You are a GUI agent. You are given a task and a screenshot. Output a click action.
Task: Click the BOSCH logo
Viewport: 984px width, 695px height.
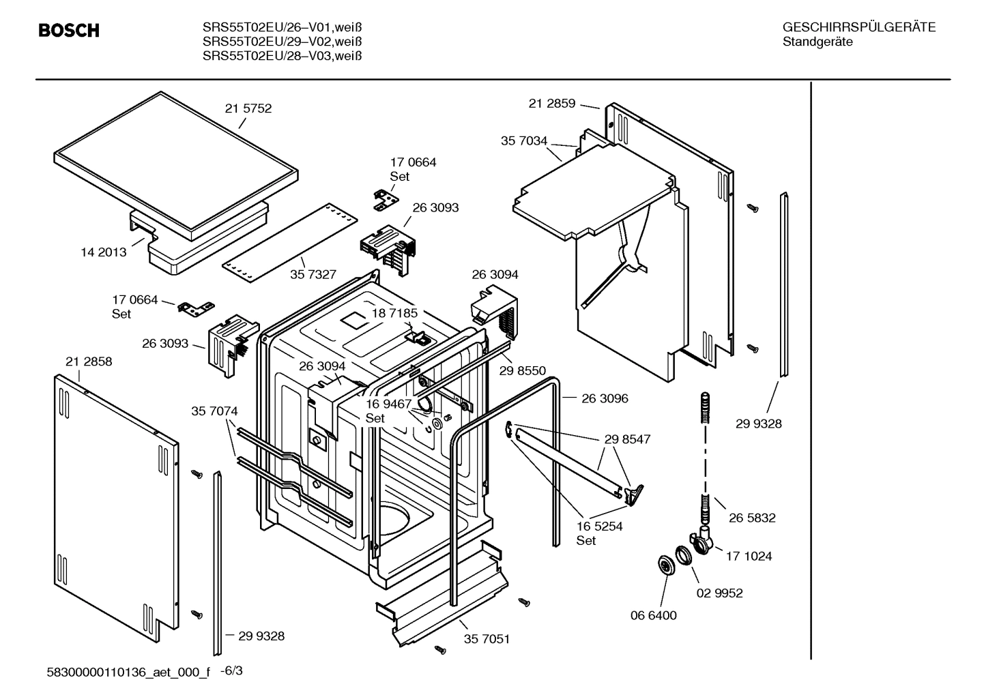click(x=69, y=31)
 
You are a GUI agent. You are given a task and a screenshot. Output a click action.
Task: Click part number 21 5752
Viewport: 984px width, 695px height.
click(x=248, y=108)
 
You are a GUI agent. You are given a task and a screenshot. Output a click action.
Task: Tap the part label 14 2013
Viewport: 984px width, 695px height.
click(x=104, y=252)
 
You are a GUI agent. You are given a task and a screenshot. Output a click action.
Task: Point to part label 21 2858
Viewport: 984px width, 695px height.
click(x=89, y=361)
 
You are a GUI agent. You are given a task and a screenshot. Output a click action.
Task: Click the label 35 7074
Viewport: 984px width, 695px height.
click(x=214, y=411)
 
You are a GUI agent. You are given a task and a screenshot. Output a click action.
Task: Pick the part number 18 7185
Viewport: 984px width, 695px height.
click(x=394, y=313)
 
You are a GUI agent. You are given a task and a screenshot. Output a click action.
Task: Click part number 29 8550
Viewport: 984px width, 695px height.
click(x=523, y=371)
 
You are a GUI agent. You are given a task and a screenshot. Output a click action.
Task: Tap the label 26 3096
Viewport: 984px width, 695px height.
click(x=605, y=398)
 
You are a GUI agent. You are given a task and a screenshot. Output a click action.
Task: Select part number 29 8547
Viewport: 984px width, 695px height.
click(x=627, y=439)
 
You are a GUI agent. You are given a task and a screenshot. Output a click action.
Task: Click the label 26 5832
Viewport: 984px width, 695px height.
click(x=752, y=518)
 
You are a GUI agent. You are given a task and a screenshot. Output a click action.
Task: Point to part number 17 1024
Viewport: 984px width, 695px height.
click(x=749, y=557)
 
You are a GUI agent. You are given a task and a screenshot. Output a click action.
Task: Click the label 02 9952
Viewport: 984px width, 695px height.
click(x=719, y=593)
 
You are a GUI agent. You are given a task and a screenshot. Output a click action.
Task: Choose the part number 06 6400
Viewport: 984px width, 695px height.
click(x=653, y=616)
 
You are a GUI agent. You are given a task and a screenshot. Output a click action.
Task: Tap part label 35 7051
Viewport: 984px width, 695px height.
click(x=487, y=639)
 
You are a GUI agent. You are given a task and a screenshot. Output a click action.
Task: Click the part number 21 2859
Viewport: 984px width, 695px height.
click(x=552, y=104)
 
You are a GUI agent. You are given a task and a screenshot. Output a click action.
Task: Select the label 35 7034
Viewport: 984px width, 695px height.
click(x=524, y=141)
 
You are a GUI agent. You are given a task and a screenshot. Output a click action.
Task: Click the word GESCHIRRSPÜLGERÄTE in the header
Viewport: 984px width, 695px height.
click(x=859, y=28)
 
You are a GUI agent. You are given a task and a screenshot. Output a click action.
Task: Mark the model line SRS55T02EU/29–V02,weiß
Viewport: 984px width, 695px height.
click(x=282, y=42)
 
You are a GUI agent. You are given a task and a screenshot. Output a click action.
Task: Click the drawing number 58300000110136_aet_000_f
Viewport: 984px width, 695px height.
click(x=128, y=672)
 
